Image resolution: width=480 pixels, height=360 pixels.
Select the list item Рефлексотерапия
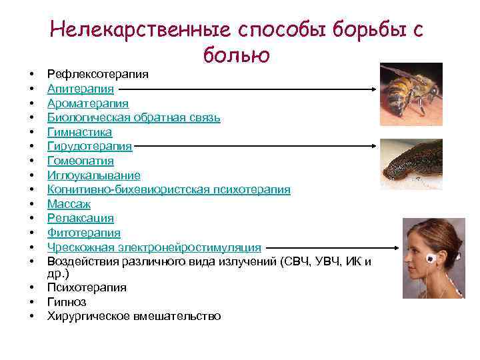click(x=97, y=74)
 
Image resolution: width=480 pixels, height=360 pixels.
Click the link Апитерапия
click(x=80, y=89)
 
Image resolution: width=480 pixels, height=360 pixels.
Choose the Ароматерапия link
click(x=88, y=103)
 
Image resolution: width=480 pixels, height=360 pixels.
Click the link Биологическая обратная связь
click(x=133, y=118)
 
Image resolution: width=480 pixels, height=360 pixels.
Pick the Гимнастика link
click(x=79, y=133)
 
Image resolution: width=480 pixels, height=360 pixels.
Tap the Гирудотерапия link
click(x=89, y=147)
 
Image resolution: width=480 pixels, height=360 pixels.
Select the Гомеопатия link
click(x=80, y=161)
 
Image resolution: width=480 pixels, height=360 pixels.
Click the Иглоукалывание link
click(x=93, y=175)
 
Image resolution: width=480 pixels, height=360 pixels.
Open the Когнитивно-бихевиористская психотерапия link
click(x=168, y=190)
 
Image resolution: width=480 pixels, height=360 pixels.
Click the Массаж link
click(x=68, y=204)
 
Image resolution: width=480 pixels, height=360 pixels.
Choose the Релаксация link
click(x=80, y=219)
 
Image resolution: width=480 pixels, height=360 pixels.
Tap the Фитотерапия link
click(x=83, y=233)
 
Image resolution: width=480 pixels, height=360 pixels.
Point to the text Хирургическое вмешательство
click(x=133, y=316)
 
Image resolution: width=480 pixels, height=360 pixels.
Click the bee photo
click(x=411, y=90)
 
